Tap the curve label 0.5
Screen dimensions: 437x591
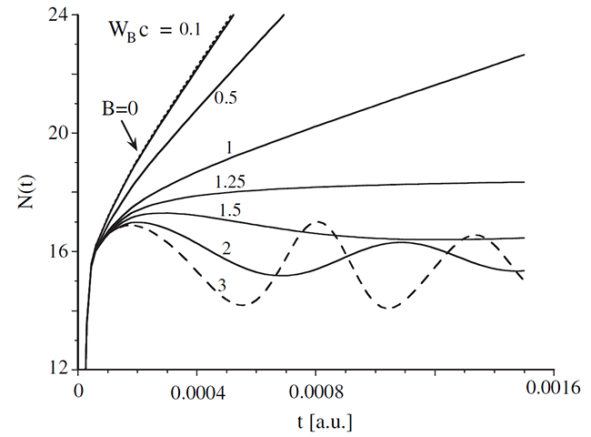click(x=225, y=97)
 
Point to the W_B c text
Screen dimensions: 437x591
click(x=128, y=31)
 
